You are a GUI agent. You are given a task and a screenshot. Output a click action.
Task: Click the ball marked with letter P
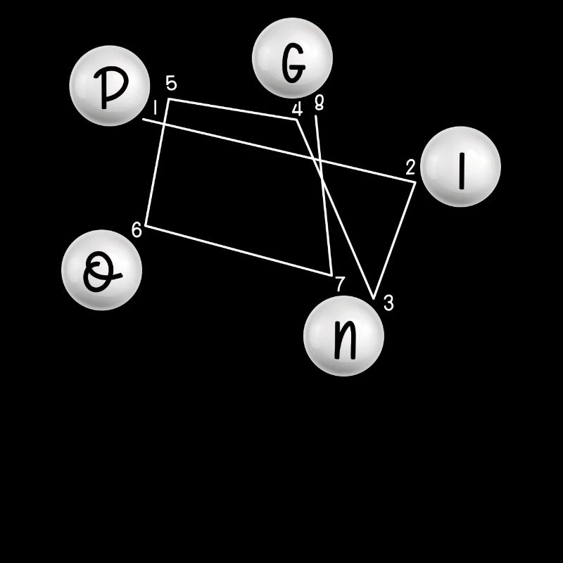(110, 86)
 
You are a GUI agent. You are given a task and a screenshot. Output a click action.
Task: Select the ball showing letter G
(292, 58)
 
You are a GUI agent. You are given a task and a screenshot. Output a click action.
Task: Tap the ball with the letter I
(460, 167)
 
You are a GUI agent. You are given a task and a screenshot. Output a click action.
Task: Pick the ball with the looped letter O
(101, 270)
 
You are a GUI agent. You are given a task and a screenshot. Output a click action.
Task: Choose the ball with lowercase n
(343, 336)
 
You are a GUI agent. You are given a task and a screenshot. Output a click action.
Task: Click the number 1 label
(155, 108)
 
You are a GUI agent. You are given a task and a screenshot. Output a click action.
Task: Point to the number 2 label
(410, 167)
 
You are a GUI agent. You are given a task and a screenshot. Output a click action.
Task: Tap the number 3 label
(388, 303)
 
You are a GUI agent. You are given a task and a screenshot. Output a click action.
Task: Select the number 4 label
(297, 109)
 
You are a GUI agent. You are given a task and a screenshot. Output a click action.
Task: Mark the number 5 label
(172, 83)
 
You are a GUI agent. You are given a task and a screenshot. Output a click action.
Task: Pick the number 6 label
(137, 230)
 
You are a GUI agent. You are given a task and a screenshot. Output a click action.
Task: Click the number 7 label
(340, 284)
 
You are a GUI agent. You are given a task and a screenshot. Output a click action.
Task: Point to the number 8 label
(320, 103)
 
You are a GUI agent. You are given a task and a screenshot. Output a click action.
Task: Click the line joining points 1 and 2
(279, 151)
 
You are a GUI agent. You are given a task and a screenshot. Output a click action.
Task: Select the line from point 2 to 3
(395, 240)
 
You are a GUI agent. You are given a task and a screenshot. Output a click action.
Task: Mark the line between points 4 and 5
(233, 109)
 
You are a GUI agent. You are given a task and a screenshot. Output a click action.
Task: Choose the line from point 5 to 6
(157, 163)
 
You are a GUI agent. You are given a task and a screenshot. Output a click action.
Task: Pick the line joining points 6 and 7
(239, 251)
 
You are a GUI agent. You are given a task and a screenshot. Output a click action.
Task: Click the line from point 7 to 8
(324, 196)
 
